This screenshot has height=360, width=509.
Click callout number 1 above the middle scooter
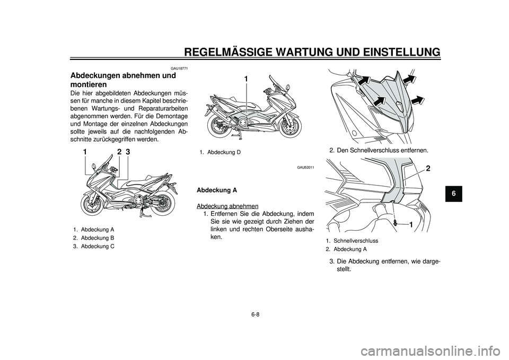pyautogui.click(x=246, y=79)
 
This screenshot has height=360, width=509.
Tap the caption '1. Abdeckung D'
pyautogui.click(x=221, y=152)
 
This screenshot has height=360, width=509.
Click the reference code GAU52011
pyautogui.click(x=305, y=168)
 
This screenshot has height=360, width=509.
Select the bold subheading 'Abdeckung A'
pyautogui.click(x=217, y=189)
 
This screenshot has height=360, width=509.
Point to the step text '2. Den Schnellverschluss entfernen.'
pyautogui.click(x=379, y=150)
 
